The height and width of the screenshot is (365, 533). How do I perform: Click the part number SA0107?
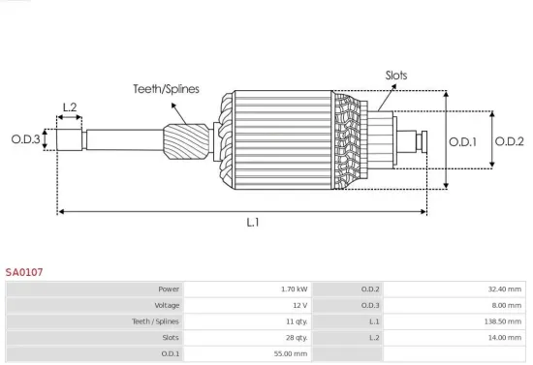[24, 273]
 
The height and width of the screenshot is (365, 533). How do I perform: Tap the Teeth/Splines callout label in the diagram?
[166, 89]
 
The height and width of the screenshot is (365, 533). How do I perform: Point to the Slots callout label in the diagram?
[396, 75]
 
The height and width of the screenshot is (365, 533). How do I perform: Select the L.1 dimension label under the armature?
[252, 223]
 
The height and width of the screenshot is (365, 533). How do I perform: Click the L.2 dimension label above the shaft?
[70, 107]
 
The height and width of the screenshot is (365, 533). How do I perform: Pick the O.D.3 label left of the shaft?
[26, 139]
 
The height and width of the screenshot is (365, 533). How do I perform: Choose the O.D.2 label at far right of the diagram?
[509, 141]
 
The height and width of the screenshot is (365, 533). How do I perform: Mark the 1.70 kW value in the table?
[294, 289]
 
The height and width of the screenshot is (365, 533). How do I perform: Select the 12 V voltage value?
[299, 305]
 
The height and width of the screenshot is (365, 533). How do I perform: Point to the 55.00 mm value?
[292, 354]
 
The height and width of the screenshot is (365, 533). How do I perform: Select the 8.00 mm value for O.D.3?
[506, 305]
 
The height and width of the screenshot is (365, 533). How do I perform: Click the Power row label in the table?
[170, 289]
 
